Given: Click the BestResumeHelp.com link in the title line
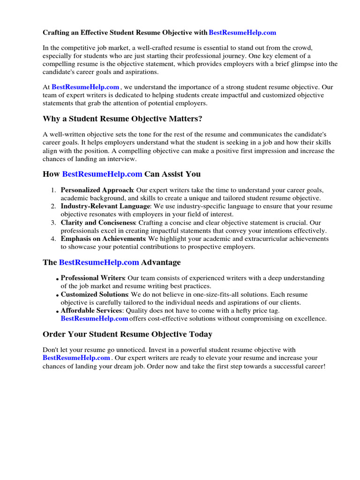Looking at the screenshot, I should tap(242, 33).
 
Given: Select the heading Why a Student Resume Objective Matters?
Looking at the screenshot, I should tap(122, 119).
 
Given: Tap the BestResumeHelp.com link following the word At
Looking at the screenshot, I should tap(85, 87).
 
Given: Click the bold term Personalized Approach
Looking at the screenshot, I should tap(97, 190).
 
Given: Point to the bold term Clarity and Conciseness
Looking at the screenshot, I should tap(98, 223).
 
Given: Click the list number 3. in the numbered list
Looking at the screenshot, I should tap(53, 223).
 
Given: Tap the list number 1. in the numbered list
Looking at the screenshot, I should tap(53, 190).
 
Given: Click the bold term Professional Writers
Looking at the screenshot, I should tap(93, 278).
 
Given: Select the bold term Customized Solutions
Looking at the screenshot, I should tap(95, 294).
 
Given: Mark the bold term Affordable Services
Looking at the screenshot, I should tap(91, 310).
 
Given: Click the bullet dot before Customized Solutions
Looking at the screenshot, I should tap(58, 296).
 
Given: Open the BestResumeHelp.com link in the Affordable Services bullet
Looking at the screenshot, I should tap(94, 319).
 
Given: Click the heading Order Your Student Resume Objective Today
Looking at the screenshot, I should tap(127, 334).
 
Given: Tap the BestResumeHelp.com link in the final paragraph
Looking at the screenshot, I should tap(76, 358).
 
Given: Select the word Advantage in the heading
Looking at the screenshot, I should tap(161, 262).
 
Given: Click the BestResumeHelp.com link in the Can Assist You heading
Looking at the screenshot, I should tap(102, 174).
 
